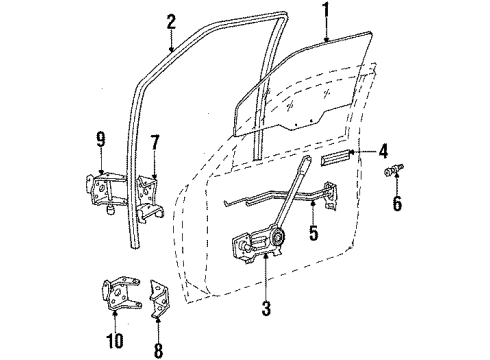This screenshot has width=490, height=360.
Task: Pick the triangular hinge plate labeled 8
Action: pyautogui.click(x=157, y=290)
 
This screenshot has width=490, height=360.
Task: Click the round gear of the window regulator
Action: pyautogui.click(x=275, y=237)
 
